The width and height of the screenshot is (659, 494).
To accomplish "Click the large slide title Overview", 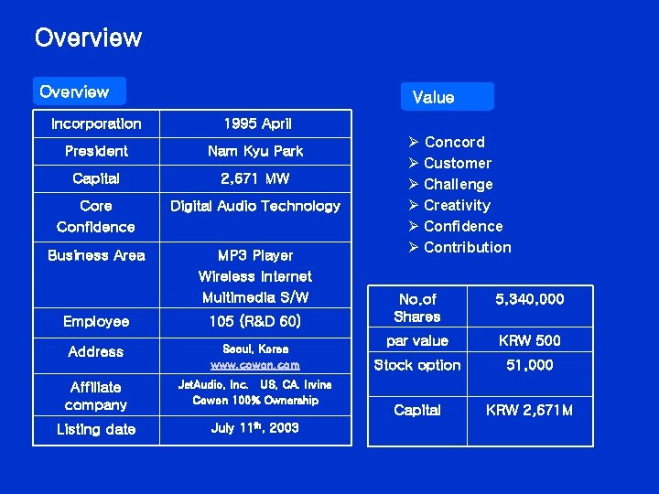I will coord(88,38).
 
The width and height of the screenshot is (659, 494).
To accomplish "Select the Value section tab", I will coord(433,97).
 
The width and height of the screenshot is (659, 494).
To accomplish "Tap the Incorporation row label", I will coord(96,123).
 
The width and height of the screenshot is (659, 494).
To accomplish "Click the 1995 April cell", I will coord(257,123).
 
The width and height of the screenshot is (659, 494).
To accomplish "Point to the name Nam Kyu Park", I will coord(255,151).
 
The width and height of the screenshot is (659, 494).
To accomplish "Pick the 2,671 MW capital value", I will coord(255,178).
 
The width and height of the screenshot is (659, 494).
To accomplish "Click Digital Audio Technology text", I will coord(255,206).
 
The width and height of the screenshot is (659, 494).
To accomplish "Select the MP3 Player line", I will coord(255,255).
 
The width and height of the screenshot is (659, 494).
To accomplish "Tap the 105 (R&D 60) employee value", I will coord(255,321).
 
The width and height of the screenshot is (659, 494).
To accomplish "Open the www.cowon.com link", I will coord(255,365).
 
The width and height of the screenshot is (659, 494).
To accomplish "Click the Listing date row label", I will coord(96,429).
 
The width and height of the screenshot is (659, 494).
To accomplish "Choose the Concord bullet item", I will coord(454,142).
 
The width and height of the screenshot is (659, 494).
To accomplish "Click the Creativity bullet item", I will coord(457,205).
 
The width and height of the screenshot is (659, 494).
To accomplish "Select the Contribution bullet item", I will coord(467,247).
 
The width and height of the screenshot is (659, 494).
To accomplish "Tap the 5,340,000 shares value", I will coord(530,299).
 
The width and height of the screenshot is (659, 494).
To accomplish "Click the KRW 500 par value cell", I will coord(530,340).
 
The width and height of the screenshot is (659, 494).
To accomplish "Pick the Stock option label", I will coord(417,365).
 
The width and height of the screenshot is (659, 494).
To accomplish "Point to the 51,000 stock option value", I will coord(530,365).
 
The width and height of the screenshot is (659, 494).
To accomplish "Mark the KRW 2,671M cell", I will coord(530,410).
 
